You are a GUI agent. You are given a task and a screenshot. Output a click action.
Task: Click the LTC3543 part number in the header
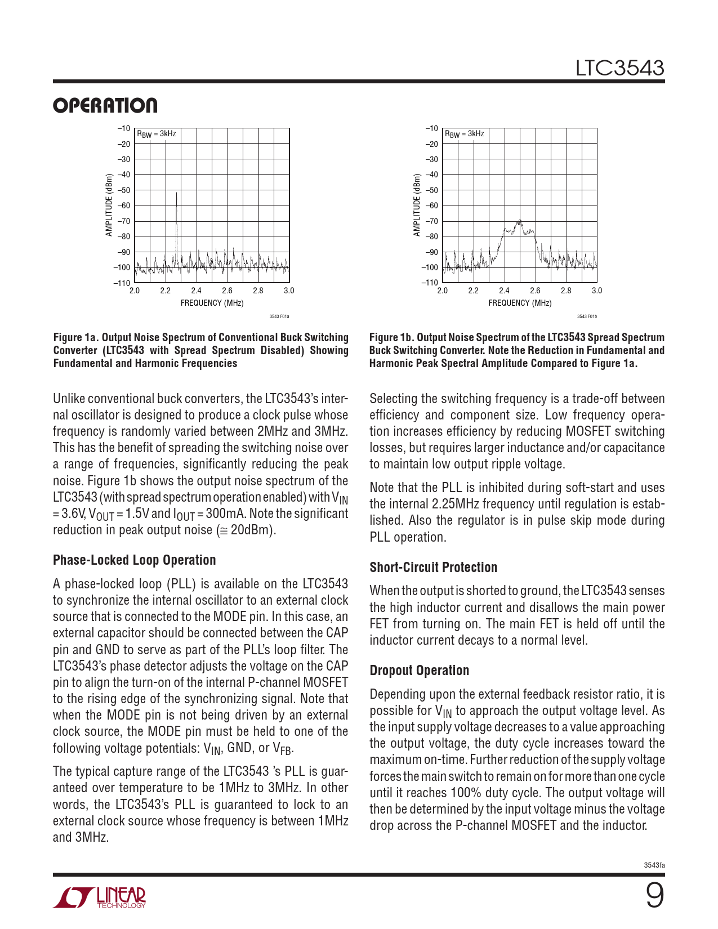[619, 68]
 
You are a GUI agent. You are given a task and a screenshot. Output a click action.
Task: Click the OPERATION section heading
[105, 106]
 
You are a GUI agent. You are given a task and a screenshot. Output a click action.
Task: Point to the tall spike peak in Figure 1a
[177, 193]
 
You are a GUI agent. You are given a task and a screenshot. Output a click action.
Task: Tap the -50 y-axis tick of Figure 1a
[123, 190]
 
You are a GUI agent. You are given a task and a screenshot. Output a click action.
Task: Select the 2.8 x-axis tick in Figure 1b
[566, 291]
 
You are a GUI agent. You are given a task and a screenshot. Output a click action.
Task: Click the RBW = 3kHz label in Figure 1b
[465, 134]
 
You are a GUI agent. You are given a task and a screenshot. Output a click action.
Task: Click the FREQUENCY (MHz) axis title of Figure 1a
[212, 303]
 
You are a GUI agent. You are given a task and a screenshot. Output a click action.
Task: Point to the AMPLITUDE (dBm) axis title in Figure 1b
[417, 205]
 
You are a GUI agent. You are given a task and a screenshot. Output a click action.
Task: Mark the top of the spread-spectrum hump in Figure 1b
[520, 220]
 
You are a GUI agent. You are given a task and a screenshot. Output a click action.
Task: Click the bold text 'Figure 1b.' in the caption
[392, 337]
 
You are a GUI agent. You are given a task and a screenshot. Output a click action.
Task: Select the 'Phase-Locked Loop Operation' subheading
[134, 560]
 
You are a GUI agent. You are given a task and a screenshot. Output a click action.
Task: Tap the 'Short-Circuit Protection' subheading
[433, 568]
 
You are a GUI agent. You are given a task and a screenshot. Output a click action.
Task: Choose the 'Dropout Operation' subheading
[419, 671]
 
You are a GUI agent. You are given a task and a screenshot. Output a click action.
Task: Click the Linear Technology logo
[100, 897]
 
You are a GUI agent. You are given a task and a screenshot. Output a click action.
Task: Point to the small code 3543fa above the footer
[654, 865]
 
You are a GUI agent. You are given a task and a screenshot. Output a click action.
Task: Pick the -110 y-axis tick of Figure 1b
[430, 283]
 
